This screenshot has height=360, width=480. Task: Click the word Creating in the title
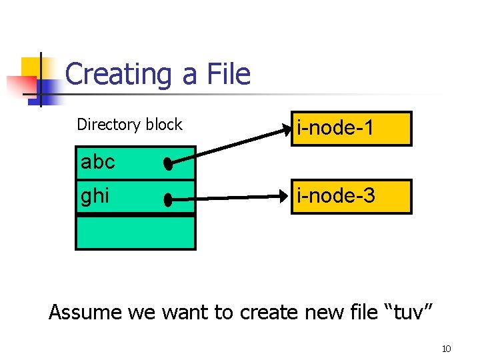pos(119,74)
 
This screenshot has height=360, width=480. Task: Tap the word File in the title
pos(228,74)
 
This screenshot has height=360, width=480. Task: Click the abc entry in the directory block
pos(98,162)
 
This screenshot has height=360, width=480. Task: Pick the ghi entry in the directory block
pos(95,197)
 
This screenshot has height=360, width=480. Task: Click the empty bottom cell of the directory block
pos(135,231)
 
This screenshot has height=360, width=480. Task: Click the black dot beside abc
pos(168,164)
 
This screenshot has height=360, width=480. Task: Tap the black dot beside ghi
pos(168,199)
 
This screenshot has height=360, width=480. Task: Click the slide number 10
pos(447,349)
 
